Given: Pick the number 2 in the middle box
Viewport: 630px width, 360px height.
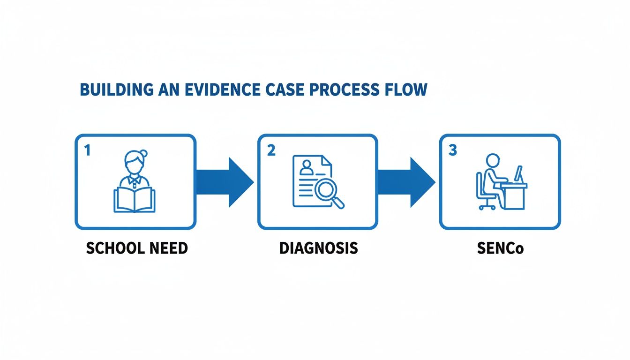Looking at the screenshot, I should tap(270, 151).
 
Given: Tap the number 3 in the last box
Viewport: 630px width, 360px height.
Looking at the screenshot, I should tap(452, 151).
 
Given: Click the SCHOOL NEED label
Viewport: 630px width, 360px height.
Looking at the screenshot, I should tap(136, 248).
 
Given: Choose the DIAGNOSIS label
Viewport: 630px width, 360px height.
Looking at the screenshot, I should tap(318, 248).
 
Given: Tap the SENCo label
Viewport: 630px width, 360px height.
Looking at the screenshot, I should tap(500, 248).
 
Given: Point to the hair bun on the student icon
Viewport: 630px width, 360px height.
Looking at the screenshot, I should tap(143, 153).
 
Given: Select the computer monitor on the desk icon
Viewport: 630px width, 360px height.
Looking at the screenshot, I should tap(518, 174).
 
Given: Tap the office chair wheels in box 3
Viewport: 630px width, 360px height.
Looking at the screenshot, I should tap(487, 207).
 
